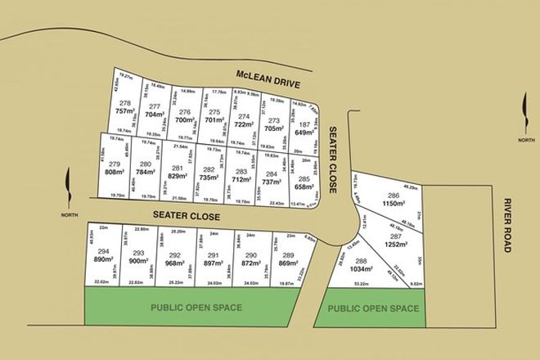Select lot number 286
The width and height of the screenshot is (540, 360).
coord(394,196)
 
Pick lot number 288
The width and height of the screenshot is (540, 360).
coord(362,261)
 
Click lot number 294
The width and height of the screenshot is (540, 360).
coord(102,251)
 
